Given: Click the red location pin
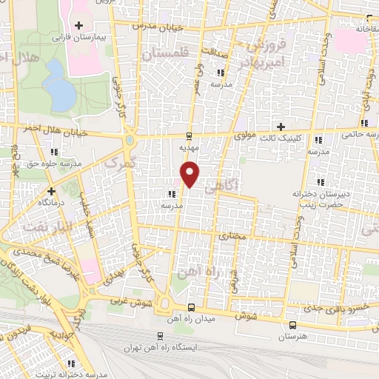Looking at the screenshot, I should tap(191, 174).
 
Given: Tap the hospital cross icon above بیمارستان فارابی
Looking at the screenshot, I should tap(78, 26).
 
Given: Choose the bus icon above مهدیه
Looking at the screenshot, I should tap(189, 136).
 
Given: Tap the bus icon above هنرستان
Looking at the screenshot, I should tap(292, 324).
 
